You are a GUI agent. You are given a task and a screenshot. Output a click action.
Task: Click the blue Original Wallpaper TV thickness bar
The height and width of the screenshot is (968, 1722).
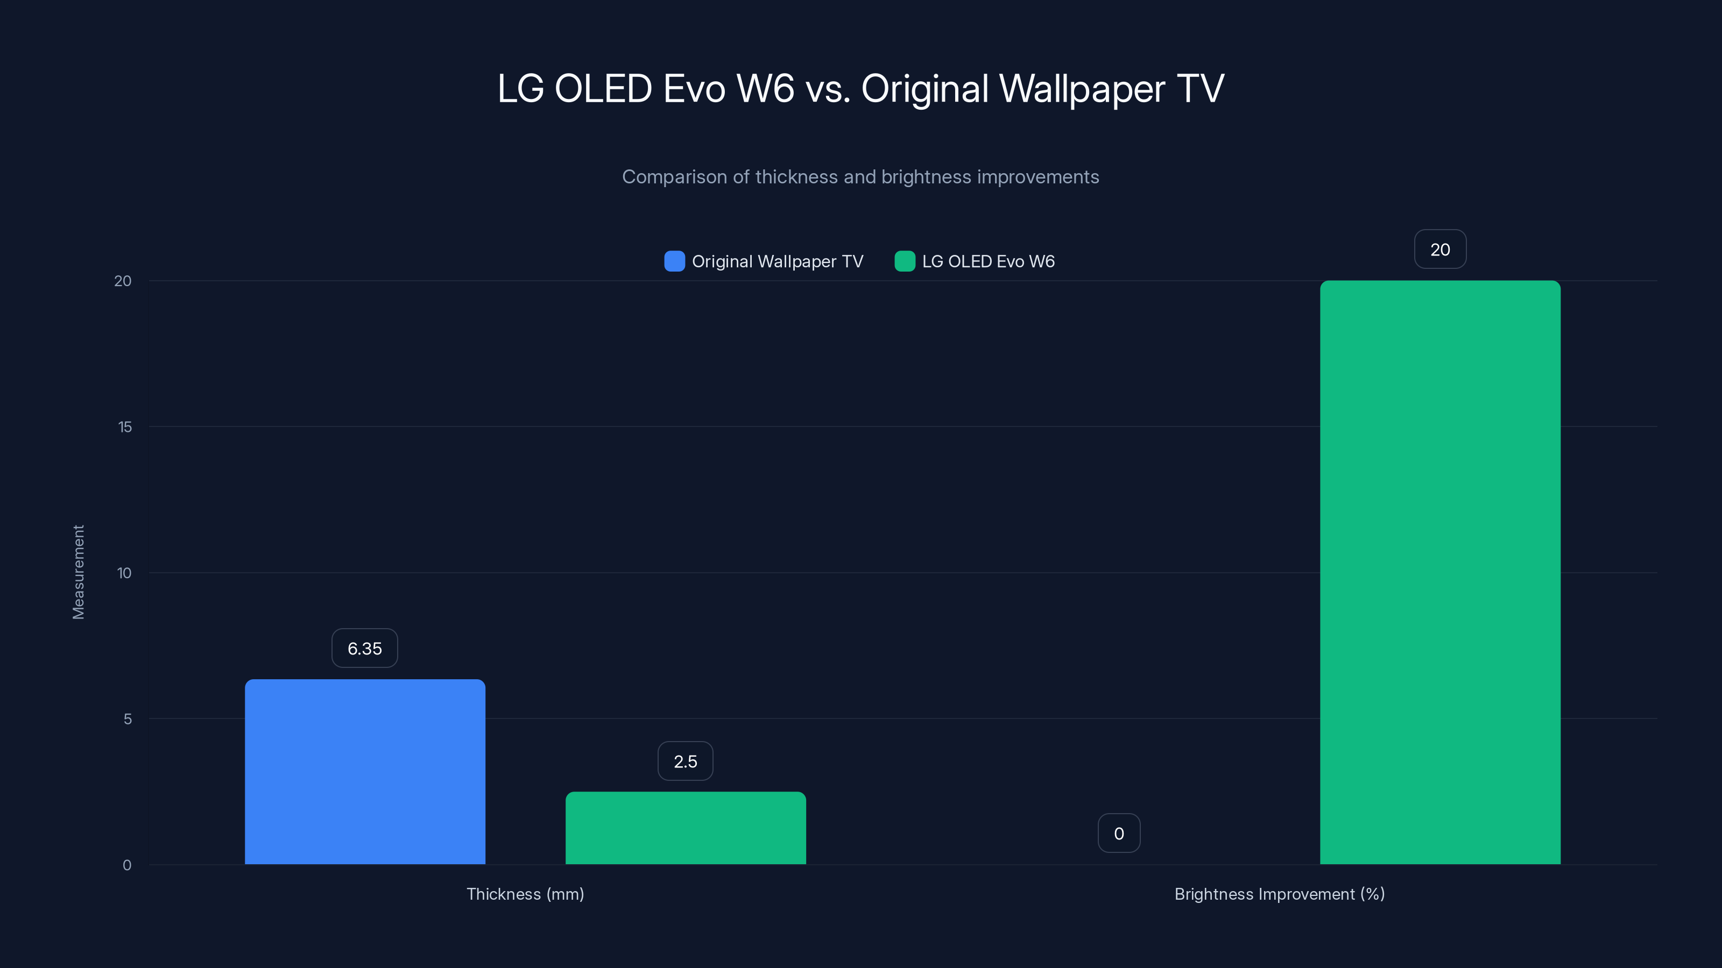point(365,772)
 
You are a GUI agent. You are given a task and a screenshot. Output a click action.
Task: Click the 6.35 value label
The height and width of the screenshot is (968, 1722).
point(364,648)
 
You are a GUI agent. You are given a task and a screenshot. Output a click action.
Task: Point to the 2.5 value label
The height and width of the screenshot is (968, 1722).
point(685,761)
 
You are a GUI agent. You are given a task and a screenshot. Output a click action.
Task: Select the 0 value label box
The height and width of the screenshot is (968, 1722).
point(1118,833)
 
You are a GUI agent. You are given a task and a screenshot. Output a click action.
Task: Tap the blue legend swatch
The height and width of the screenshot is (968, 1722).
point(674,261)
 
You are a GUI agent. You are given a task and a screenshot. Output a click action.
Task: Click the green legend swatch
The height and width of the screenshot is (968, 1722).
point(905,261)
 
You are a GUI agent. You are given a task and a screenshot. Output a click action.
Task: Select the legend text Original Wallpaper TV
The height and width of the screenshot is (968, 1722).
point(778,261)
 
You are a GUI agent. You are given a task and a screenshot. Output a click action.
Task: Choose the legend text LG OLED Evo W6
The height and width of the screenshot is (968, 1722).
point(988,261)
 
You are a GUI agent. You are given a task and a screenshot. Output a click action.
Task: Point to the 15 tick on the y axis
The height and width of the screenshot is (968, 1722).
point(125,427)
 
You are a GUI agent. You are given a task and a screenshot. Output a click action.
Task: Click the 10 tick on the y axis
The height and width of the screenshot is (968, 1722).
point(124,573)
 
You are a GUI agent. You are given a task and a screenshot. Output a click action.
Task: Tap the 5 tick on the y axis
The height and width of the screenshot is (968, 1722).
point(128,719)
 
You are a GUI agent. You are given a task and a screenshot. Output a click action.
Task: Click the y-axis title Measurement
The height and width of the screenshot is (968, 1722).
point(78,572)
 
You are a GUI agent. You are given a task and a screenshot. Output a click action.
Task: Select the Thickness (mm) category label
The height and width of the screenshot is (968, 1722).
point(525,894)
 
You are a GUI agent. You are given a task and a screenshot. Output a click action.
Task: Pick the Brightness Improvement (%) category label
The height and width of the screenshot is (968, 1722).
point(1280,894)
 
